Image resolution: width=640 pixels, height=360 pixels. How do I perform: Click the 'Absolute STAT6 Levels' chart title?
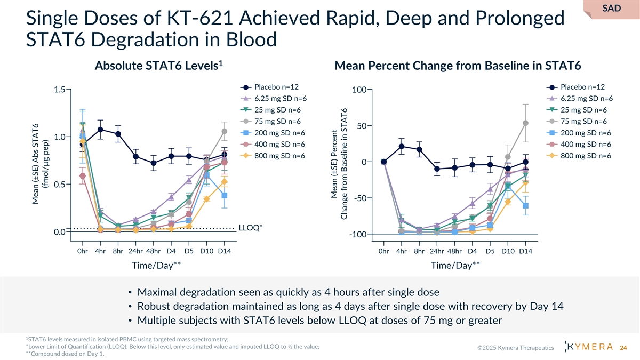click(158, 66)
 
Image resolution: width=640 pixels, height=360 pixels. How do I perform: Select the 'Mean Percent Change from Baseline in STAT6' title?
click(457, 66)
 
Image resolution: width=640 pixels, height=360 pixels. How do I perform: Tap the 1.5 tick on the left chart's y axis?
click(60, 90)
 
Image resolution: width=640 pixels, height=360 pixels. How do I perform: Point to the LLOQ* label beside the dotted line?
click(251, 228)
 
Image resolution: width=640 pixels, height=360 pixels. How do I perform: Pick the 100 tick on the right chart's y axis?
click(359, 90)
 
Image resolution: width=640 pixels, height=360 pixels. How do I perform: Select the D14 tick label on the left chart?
click(225, 250)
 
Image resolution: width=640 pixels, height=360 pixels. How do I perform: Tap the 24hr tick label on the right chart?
click(437, 250)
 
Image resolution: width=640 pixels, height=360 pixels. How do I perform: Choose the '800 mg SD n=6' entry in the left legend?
click(279, 156)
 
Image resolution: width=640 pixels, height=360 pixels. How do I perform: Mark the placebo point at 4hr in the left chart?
click(100, 130)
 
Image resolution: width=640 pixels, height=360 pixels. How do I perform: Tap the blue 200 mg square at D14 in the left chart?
click(225, 195)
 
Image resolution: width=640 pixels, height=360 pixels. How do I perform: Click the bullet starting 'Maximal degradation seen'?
click(288, 292)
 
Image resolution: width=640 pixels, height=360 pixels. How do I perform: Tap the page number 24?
click(622, 348)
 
